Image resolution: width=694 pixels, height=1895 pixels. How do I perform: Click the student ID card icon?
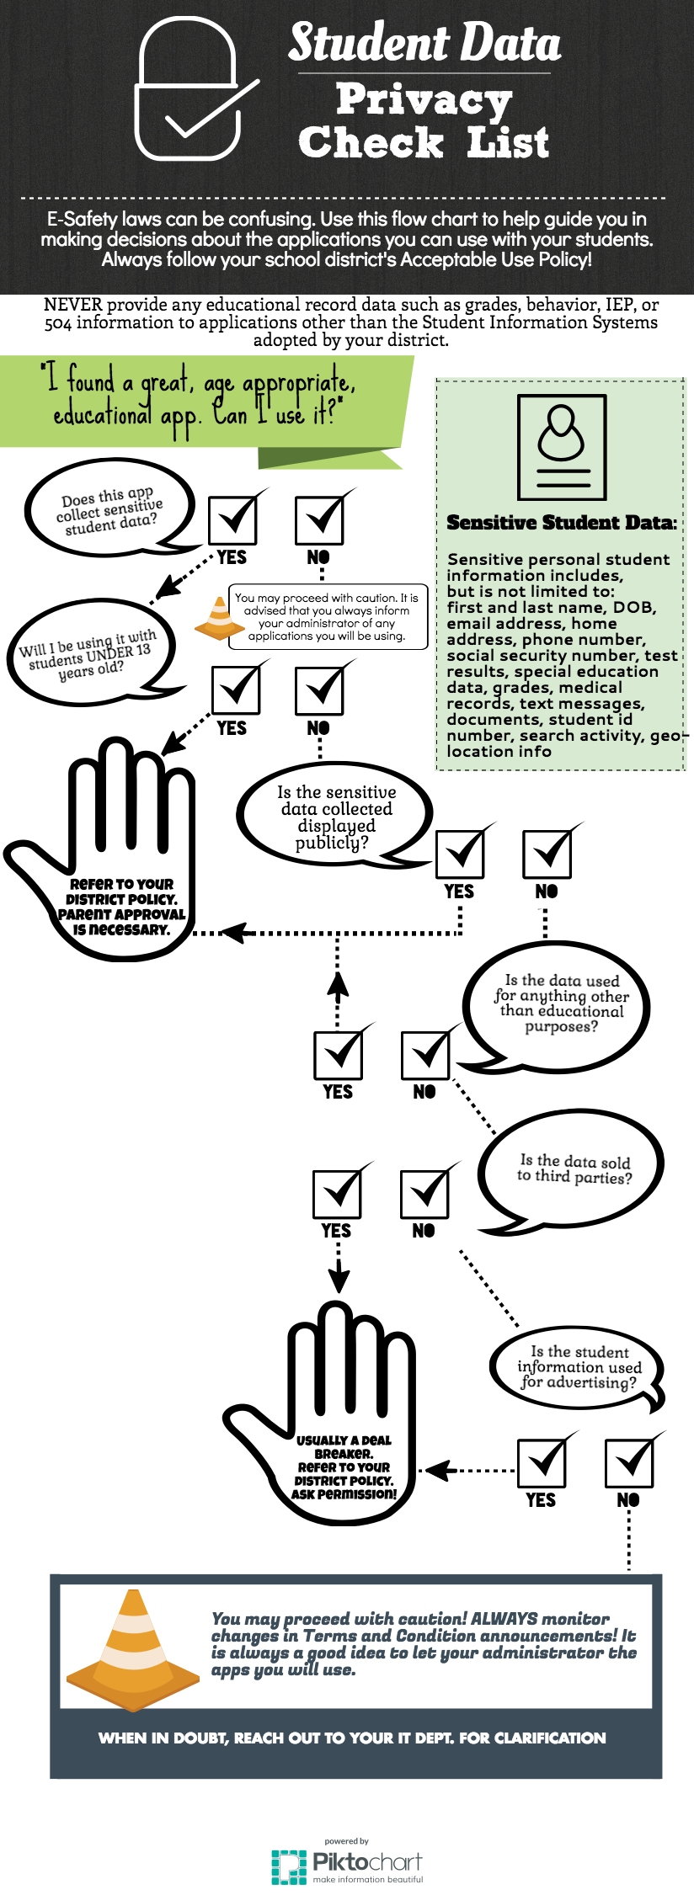[x=562, y=449]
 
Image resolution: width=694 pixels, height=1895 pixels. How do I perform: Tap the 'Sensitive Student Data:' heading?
[x=562, y=523]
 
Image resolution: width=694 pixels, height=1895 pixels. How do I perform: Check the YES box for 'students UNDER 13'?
[x=237, y=688]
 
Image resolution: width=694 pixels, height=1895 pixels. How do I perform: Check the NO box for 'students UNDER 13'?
[x=320, y=688]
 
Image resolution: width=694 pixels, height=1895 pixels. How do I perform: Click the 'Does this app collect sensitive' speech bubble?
[x=109, y=508]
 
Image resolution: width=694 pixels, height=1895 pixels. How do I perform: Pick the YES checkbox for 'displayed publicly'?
[x=461, y=852]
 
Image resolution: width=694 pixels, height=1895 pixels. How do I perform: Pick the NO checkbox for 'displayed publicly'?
[x=548, y=852]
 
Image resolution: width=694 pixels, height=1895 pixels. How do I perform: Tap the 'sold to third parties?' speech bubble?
[x=573, y=1170]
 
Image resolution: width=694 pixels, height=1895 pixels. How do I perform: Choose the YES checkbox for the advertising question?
[x=542, y=1461]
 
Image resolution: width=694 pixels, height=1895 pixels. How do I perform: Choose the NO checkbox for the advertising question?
[x=630, y=1461]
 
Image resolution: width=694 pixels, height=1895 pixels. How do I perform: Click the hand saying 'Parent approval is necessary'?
[x=105, y=850]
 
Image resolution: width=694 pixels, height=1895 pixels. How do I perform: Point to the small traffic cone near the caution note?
[x=220, y=618]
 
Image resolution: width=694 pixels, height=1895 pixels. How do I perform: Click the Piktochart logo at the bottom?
[x=346, y=1862]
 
